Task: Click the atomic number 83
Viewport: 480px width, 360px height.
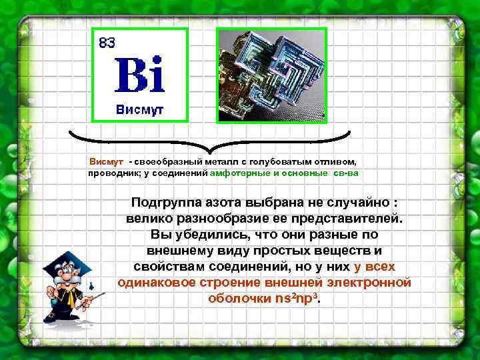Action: [x=107, y=43]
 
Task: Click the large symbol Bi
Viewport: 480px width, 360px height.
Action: [x=139, y=75]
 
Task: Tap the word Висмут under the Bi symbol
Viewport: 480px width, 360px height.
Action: [x=139, y=109]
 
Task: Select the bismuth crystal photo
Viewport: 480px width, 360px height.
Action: [x=271, y=75]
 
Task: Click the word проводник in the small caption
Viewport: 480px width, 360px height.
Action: [x=110, y=173]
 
